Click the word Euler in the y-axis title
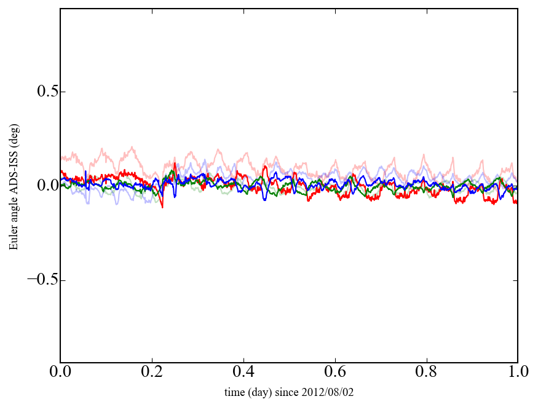(x=13, y=238)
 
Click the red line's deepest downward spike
(x=162, y=207)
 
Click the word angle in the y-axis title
(x=13, y=210)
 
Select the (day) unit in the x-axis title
(x=258, y=392)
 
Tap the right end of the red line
(x=517, y=202)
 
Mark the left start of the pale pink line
(x=61, y=157)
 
